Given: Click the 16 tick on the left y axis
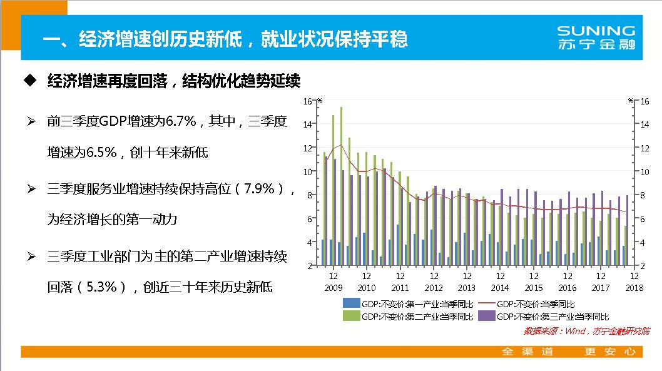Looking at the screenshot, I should (307, 101).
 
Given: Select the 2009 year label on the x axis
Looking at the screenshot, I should (333, 288).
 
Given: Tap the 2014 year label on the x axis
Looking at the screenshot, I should (500, 288).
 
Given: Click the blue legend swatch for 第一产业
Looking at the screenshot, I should (350, 303).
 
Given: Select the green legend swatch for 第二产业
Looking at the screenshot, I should (350, 317).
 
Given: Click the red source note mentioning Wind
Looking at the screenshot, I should (586, 330).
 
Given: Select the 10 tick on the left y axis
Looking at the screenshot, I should (307, 171).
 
